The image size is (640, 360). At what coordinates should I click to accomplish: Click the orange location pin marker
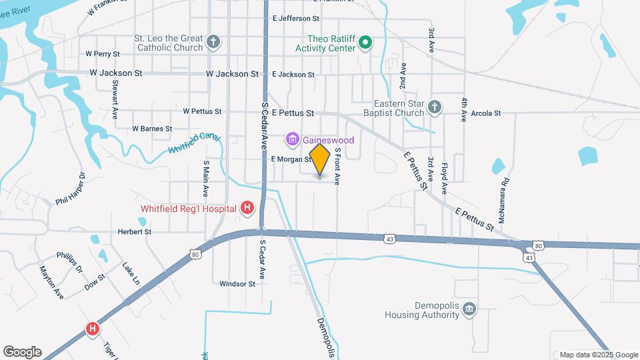(320, 160)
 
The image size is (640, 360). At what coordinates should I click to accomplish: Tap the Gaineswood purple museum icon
(291, 140)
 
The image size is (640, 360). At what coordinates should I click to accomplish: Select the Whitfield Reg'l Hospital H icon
(247, 209)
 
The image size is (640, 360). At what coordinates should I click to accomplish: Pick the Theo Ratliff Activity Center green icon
(365, 43)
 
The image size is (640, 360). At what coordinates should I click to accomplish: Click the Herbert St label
(135, 232)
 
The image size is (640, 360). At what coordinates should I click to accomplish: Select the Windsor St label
(237, 283)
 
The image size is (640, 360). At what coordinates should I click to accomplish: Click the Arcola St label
(485, 113)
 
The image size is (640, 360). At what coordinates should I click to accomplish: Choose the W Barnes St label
(152, 128)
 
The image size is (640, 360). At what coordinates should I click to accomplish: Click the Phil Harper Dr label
(71, 189)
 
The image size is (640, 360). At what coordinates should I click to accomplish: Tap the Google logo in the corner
(23, 351)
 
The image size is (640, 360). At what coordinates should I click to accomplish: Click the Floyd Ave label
(444, 169)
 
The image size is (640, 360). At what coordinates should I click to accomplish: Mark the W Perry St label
(102, 53)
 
